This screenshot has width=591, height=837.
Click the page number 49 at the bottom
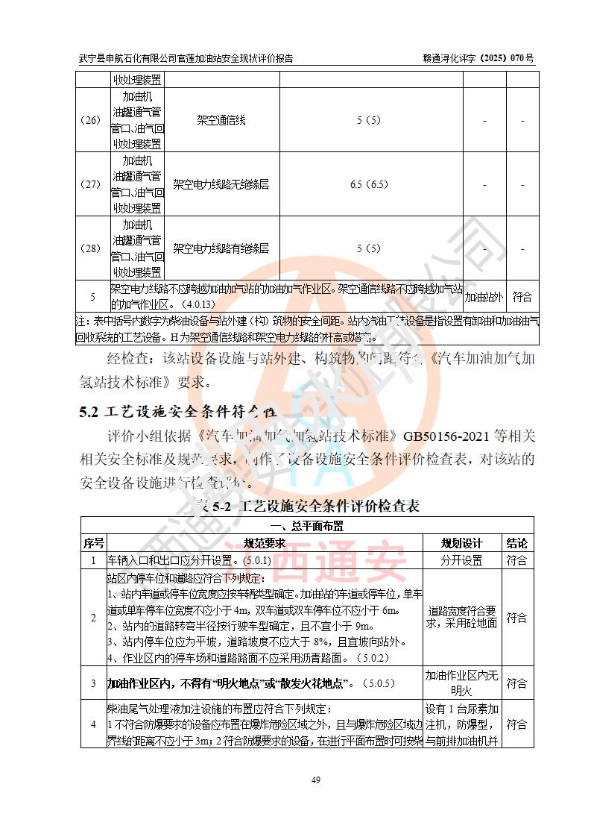point(315,780)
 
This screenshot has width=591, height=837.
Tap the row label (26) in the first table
point(92,120)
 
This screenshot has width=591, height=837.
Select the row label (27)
point(92,184)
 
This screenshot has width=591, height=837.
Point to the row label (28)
point(92,248)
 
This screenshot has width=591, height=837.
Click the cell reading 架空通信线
point(221,120)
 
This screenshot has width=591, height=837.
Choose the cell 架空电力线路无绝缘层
point(221,184)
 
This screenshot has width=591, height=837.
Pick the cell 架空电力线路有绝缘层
point(221,248)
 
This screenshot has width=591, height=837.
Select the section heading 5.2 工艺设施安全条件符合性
point(178,411)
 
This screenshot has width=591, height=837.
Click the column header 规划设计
point(462,543)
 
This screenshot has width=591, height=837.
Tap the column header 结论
point(516,543)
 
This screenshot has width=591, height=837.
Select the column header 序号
point(93,543)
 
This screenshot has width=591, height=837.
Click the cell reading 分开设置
point(462,560)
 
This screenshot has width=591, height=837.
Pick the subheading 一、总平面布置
point(306,526)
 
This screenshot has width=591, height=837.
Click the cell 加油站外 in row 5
point(484,297)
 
